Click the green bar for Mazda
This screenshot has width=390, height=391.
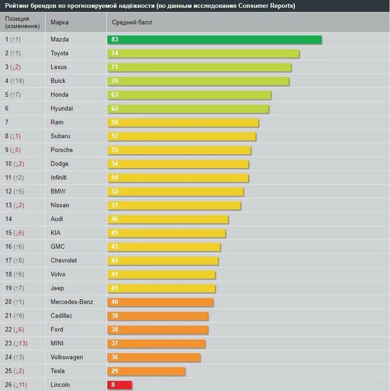214,40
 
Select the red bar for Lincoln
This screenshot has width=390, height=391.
119,385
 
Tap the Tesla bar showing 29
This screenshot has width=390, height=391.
146,371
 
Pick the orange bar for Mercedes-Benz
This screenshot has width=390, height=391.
160,302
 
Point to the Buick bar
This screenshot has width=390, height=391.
198,81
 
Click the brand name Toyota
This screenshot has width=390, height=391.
59,53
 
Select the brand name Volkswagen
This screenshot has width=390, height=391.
67,357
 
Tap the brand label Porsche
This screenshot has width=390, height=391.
62,150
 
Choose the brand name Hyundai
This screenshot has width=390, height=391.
62,109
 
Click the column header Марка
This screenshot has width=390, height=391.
60,23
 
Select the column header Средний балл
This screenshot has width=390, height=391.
132,23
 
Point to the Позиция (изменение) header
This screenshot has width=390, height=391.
23,23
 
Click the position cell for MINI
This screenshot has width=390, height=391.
16,344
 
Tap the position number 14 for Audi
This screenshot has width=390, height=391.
8,219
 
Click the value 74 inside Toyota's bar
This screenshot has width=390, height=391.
115,53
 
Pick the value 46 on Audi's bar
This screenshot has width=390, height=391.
115,219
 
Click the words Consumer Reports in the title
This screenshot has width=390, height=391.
267,6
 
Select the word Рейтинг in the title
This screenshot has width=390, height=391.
17,6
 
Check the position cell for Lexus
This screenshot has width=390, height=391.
13,67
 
